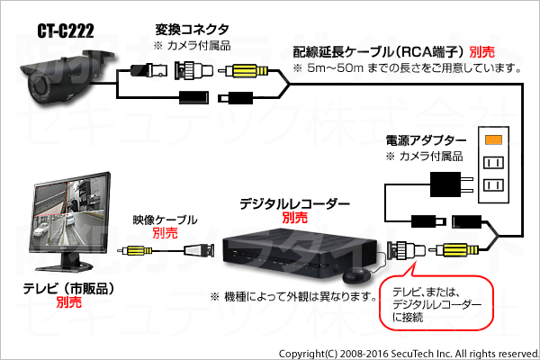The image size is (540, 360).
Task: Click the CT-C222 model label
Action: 66,31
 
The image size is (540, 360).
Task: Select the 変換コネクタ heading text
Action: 192,30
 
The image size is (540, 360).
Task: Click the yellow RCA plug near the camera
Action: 247,71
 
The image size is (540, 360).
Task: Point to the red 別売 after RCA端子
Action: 482,52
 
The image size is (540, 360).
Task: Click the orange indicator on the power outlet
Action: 493,139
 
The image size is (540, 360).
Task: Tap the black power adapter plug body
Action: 445,184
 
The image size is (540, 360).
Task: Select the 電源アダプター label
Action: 426,140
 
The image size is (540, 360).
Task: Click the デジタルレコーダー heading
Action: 295,204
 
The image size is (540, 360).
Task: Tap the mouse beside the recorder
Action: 356,276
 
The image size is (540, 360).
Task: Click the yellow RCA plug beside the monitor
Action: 138,250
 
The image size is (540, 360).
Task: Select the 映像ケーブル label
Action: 166,220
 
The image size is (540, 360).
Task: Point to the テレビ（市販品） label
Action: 68,289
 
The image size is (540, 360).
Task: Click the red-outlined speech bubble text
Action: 436,304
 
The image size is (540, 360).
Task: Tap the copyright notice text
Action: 409,354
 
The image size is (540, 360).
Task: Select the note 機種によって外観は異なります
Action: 293,296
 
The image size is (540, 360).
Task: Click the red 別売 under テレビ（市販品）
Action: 69,302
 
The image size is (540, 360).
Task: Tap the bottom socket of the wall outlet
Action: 493,185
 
